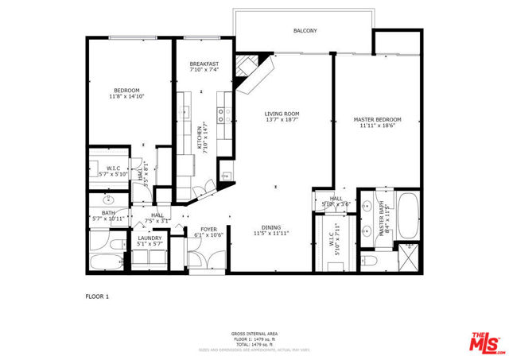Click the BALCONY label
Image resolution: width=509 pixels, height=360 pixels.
[305, 31]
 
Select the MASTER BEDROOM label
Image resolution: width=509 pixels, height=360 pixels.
[377, 119]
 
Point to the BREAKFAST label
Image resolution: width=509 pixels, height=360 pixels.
[204, 64]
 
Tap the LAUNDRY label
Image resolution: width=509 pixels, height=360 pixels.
[150, 238]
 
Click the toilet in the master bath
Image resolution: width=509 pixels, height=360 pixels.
[369, 261]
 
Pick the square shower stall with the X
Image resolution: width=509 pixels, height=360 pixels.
[409, 259]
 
